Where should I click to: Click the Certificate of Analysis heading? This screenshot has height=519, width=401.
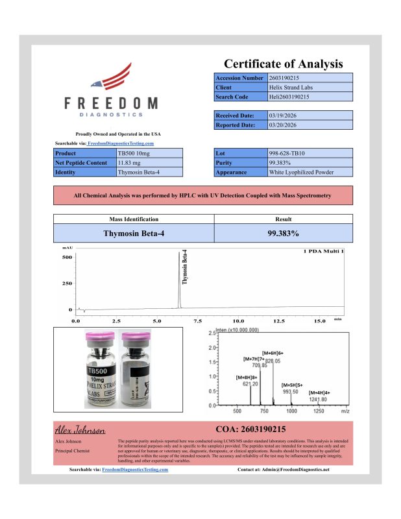283,64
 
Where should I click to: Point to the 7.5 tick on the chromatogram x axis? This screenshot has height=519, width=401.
198,320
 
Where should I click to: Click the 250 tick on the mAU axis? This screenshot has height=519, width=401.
66,284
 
